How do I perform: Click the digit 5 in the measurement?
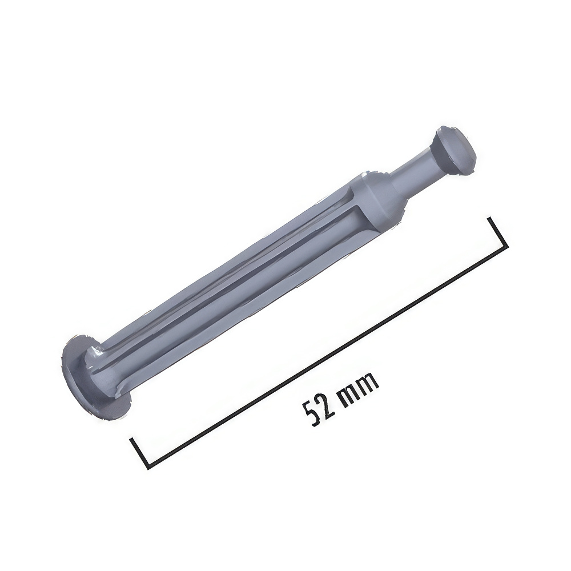311,414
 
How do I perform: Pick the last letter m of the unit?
369,381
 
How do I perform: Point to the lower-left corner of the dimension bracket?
148,468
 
